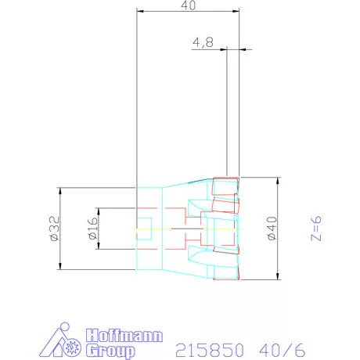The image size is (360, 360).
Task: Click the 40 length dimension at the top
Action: [188, 5]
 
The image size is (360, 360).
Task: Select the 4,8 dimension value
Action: [203, 42]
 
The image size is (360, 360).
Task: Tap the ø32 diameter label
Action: [55, 229]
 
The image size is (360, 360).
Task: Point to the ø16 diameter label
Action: [93, 229]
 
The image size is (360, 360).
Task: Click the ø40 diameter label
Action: [272, 229]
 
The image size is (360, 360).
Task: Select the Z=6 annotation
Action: [316, 229]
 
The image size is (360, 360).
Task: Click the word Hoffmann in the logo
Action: [124, 336]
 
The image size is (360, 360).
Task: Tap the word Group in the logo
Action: [110, 351]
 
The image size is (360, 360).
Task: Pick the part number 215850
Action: [210, 350]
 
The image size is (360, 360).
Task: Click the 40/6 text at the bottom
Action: [283, 350]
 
